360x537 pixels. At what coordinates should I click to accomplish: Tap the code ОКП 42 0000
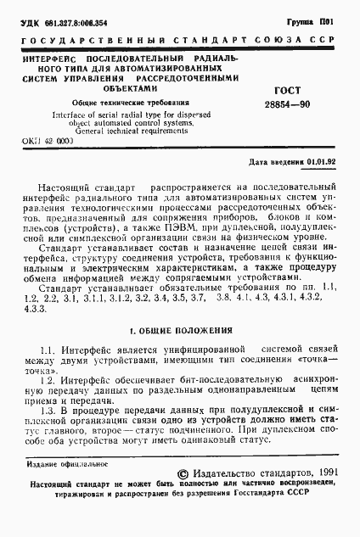pos(49,144)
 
